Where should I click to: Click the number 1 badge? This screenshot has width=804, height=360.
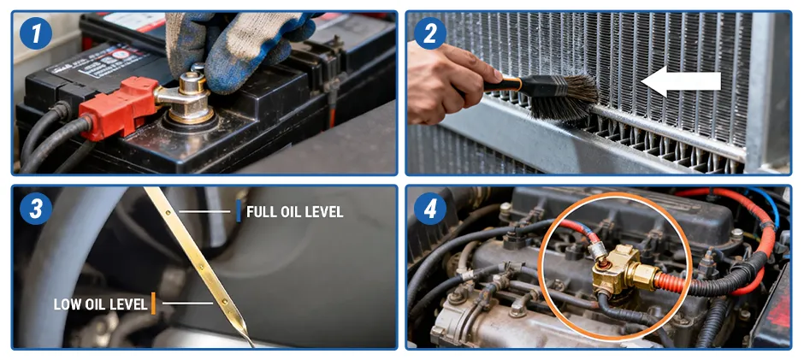click(35, 33)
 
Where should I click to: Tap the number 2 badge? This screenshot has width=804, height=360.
click(429, 33)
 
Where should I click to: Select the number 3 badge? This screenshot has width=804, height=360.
click(35, 208)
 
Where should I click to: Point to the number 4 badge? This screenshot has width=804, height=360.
click(429, 208)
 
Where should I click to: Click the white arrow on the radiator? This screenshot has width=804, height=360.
click(681, 81)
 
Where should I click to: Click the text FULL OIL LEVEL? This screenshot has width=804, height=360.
click(294, 212)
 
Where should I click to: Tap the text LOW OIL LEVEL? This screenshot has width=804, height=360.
click(101, 304)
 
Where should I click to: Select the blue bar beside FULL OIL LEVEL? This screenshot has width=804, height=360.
click(239, 210)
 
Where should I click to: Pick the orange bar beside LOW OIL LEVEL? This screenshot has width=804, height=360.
click(153, 303)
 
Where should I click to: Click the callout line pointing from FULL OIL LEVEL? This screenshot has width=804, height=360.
click(204, 211)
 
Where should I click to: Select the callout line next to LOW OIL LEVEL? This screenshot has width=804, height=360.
click(187, 303)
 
